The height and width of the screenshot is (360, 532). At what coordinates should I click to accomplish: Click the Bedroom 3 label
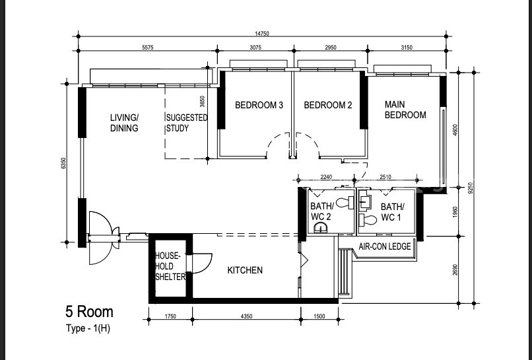coord(259,105)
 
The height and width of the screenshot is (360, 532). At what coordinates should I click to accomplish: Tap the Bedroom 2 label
coord(328,105)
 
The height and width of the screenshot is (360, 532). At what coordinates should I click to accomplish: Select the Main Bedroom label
coord(405,110)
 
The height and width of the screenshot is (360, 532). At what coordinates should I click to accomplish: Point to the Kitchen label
coord(245,270)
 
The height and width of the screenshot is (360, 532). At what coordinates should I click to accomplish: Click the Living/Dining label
coord(124,123)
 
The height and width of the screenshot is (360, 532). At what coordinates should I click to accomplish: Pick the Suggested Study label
coord(187,123)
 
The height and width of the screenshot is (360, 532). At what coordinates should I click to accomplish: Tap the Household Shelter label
coord(170,266)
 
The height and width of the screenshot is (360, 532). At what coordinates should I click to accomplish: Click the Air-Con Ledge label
coord(385,246)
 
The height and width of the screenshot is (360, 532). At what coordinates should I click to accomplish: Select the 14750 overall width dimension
coord(262,34)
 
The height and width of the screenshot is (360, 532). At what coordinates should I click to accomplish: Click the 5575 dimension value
coord(148,48)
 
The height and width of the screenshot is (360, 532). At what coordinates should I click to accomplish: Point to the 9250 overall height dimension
coord(470,188)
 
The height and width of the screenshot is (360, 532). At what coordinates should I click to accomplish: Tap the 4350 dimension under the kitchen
coord(246,316)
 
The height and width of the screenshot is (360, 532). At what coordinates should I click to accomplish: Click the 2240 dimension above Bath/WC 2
coord(326,177)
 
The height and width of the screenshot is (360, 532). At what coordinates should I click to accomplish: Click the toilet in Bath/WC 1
coord(368,220)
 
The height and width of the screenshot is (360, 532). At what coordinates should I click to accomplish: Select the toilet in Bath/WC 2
coord(345,203)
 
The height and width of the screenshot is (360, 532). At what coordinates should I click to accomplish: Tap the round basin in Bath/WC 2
coord(321,227)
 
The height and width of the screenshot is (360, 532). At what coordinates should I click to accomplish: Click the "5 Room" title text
coord(89,312)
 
